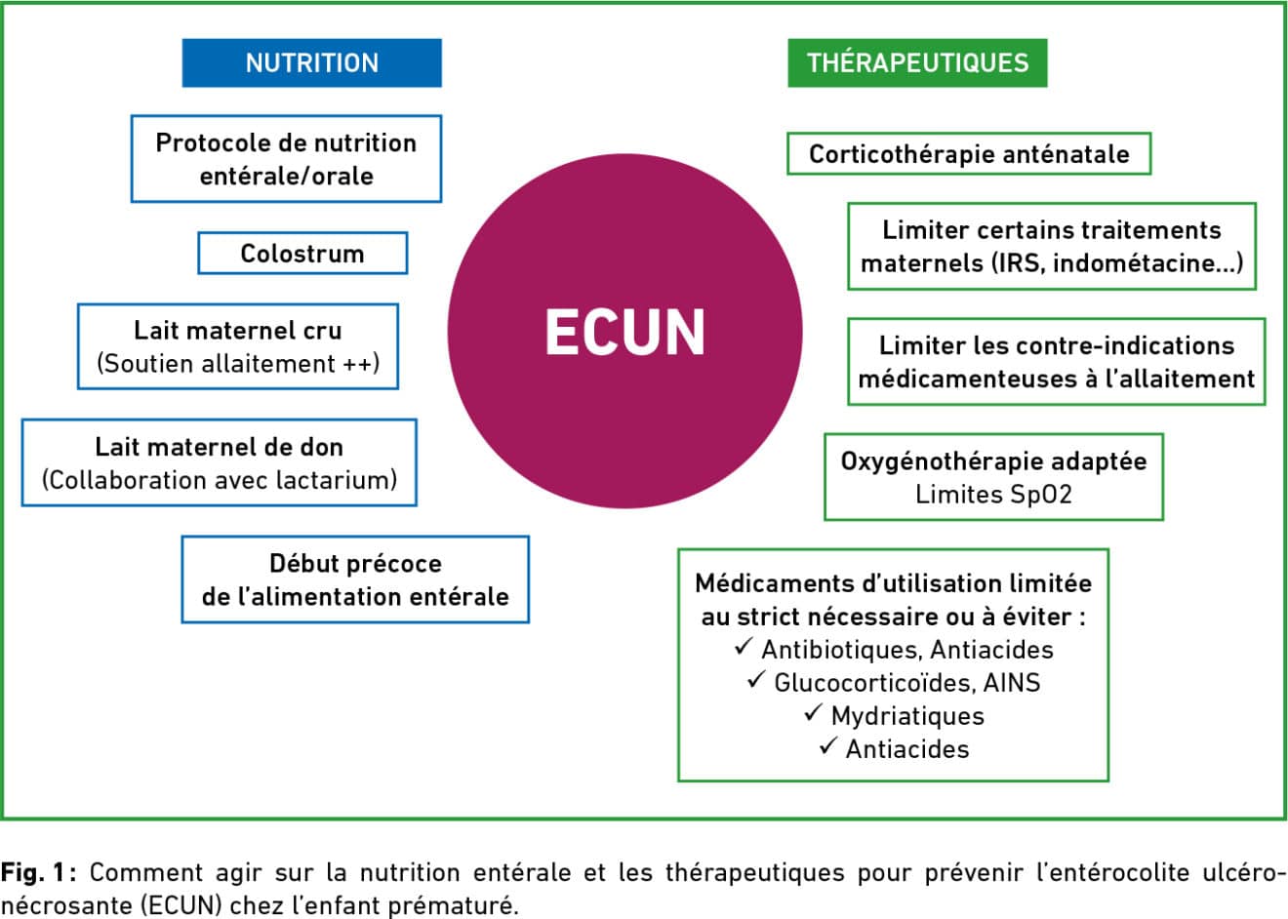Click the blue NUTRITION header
tap(311, 62)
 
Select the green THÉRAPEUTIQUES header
tap(917, 62)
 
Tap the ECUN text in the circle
tap(625, 333)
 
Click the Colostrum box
tap(302, 253)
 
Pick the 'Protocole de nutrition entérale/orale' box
tap(286, 159)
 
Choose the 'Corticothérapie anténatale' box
tap(969, 153)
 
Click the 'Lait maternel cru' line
tap(238, 331)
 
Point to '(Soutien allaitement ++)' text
tap(238, 364)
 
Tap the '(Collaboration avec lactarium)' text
tap(220, 481)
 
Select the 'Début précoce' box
tap(355, 579)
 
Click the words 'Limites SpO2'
tap(993, 495)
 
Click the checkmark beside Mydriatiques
tap(813, 713)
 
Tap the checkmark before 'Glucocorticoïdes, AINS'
tap(756, 679)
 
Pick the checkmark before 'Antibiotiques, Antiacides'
tap(744, 646)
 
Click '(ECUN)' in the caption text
tap(181, 905)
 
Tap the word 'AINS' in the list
tap(1012, 683)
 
